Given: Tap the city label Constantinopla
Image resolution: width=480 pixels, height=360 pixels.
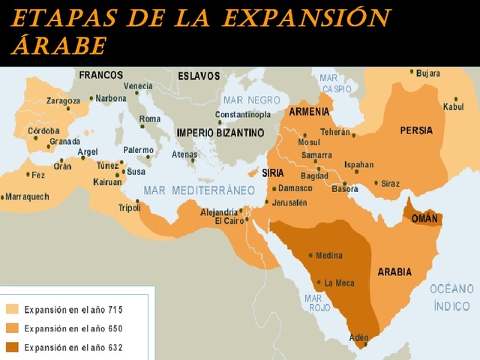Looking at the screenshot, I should (x=243, y=115).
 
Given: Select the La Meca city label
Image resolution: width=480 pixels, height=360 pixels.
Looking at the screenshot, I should (x=339, y=283).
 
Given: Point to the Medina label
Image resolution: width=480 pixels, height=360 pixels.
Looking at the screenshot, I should (x=328, y=256).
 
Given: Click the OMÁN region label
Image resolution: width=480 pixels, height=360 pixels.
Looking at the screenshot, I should (x=424, y=218).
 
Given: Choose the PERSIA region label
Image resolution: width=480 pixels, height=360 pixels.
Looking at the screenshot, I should (x=416, y=130).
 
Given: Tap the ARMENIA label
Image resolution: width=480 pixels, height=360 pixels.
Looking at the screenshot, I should (x=309, y=112).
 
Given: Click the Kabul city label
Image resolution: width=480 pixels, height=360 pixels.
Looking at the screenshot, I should (x=453, y=106).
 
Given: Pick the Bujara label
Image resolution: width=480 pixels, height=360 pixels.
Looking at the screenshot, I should (x=428, y=73).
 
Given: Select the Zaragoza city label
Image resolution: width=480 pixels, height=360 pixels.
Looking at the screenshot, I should (x=63, y=100).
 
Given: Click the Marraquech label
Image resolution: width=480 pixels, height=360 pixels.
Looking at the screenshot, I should (x=27, y=197).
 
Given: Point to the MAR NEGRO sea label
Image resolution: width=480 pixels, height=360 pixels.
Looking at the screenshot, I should (x=251, y=100).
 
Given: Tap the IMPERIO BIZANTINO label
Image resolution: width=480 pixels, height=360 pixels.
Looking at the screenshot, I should (x=220, y=133).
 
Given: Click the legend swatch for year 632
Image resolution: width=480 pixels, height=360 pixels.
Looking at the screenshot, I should (x=13, y=347).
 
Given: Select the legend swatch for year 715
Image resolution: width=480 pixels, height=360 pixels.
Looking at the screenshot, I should (x=13, y=309).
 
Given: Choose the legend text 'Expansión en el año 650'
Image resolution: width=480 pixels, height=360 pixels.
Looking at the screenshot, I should (x=73, y=328).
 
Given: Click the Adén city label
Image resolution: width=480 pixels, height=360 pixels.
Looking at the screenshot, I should (x=359, y=337).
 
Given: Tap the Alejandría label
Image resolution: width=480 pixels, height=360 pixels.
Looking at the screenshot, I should (x=219, y=212).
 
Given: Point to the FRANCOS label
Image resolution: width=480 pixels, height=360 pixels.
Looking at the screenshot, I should (x=100, y=75).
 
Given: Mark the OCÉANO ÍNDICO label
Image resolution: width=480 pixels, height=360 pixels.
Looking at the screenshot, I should (x=452, y=297).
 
